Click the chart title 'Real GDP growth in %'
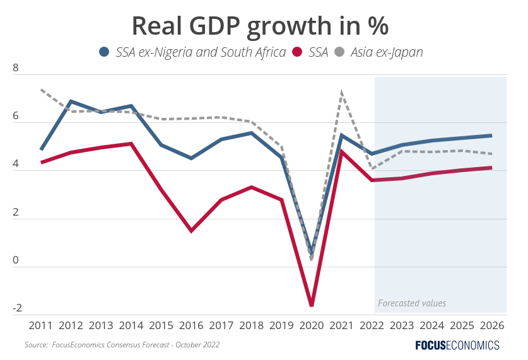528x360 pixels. [x=259, y=26]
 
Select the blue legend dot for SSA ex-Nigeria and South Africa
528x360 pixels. [x=105, y=52]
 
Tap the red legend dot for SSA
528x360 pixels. [x=298, y=52]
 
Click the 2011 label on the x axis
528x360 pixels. [x=41, y=325]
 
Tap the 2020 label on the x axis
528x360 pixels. [x=312, y=325]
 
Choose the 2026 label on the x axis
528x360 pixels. [x=491, y=325]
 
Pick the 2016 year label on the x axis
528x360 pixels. [x=191, y=325]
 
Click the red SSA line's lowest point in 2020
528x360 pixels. [x=312, y=306]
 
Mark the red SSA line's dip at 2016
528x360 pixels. [x=191, y=231]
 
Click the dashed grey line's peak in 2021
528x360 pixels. [x=341, y=92]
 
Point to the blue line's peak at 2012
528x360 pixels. [x=71, y=101]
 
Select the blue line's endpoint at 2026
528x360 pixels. [x=491, y=136]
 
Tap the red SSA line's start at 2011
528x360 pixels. [x=41, y=163]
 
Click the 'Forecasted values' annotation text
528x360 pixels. [x=412, y=303]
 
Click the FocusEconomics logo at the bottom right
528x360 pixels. [x=457, y=345]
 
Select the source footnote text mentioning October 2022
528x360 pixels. [x=122, y=345]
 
